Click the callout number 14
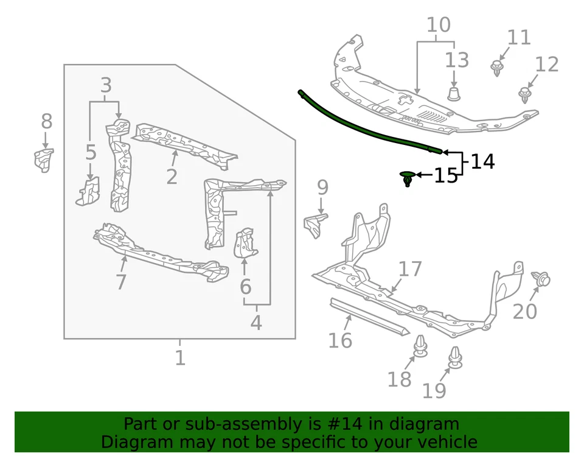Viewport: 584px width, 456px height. pyautogui.click(x=483, y=162)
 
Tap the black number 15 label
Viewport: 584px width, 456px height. pyautogui.click(x=445, y=177)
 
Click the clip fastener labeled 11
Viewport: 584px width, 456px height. pyautogui.click(x=498, y=67)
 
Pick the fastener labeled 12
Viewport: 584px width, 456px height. pyautogui.click(x=524, y=94)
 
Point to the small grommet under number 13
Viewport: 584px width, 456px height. pyautogui.click(x=454, y=93)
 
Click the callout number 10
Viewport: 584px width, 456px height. pyautogui.click(x=438, y=26)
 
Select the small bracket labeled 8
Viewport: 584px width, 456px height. pyautogui.click(x=44, y=160)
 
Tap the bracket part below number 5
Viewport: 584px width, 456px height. pyautogui.click(x=87, y=192)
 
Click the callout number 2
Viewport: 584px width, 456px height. pyautogui.click(x=172, y=177)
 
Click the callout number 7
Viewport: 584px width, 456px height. pyautogui.click(x=120, y=282)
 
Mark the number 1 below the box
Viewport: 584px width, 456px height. pyautogui.click(x=179, y=357)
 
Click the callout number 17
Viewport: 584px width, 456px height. pyautogui.click(x=410, y=268)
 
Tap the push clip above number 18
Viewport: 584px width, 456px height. pyautogui.click(x=420, y=347)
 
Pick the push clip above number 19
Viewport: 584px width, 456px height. pyautogui.click(x=455, y=358)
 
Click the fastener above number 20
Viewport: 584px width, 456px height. pyautogui.click(x=540, y=280)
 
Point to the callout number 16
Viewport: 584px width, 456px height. pyautogui.click(x=340, y=340)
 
